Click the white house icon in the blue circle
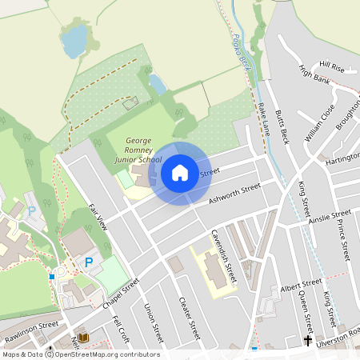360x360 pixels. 180,173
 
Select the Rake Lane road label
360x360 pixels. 264,119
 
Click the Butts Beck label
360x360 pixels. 282,126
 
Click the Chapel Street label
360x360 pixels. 121,294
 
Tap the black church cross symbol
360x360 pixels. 307,341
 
